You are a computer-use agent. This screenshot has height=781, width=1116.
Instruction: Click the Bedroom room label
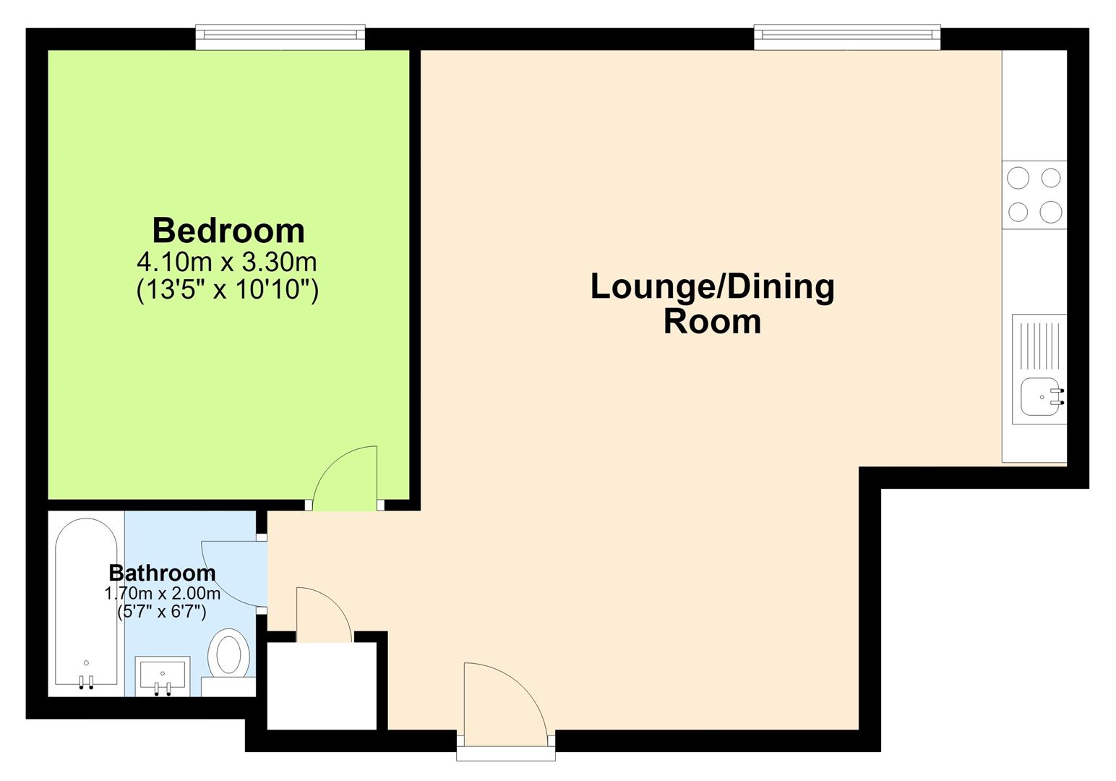coord(228,231)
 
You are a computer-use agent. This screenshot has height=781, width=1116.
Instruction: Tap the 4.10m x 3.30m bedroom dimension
coord(227,263)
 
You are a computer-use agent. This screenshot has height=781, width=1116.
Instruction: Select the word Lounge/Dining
coord(713,288)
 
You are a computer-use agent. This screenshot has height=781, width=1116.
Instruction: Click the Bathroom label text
coord(163,573)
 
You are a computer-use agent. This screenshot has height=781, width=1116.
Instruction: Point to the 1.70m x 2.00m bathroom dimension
coord(163,594)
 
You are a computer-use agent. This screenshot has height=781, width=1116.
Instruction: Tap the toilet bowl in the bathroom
coord(228,652)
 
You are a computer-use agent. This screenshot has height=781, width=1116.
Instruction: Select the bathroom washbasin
coord(163,676)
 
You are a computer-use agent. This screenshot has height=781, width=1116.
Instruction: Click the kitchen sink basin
coord(1040,397)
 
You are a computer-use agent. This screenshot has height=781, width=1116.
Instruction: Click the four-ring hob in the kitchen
coord(1034,195)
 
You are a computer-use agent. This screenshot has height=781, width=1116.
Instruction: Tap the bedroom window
coord(280,38)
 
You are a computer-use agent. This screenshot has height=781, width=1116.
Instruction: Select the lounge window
coord(847,38)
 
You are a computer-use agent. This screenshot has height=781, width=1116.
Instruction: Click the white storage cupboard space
coord(322,686)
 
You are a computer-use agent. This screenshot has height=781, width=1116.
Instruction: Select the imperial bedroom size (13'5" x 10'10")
coord(227,289)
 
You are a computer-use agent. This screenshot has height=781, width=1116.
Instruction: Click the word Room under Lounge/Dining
coord(713,322)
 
